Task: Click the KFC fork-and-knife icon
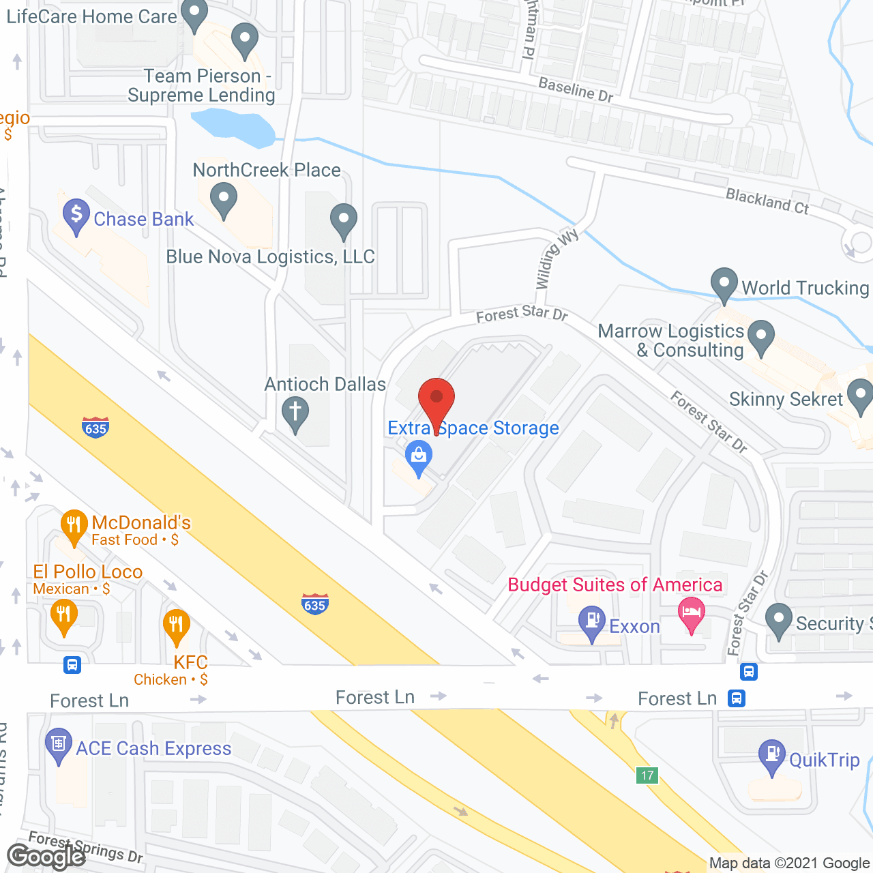[x=176, y=625]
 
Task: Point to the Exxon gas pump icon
[x=592, y=622]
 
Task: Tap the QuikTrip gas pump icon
[x=772, y=756]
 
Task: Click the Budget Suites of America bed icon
[x=692, y=612]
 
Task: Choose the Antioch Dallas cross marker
[x=295, y=413]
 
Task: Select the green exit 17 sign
[x=647, y=775]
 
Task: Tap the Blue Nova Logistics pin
[x=344, y=220]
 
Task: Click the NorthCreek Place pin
[x=223, y=201]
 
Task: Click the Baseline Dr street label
[x=576, y=89]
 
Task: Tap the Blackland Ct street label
[x=767, y=201]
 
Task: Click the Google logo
[x=46, y=857]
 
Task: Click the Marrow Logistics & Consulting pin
[x=761, y=336]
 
